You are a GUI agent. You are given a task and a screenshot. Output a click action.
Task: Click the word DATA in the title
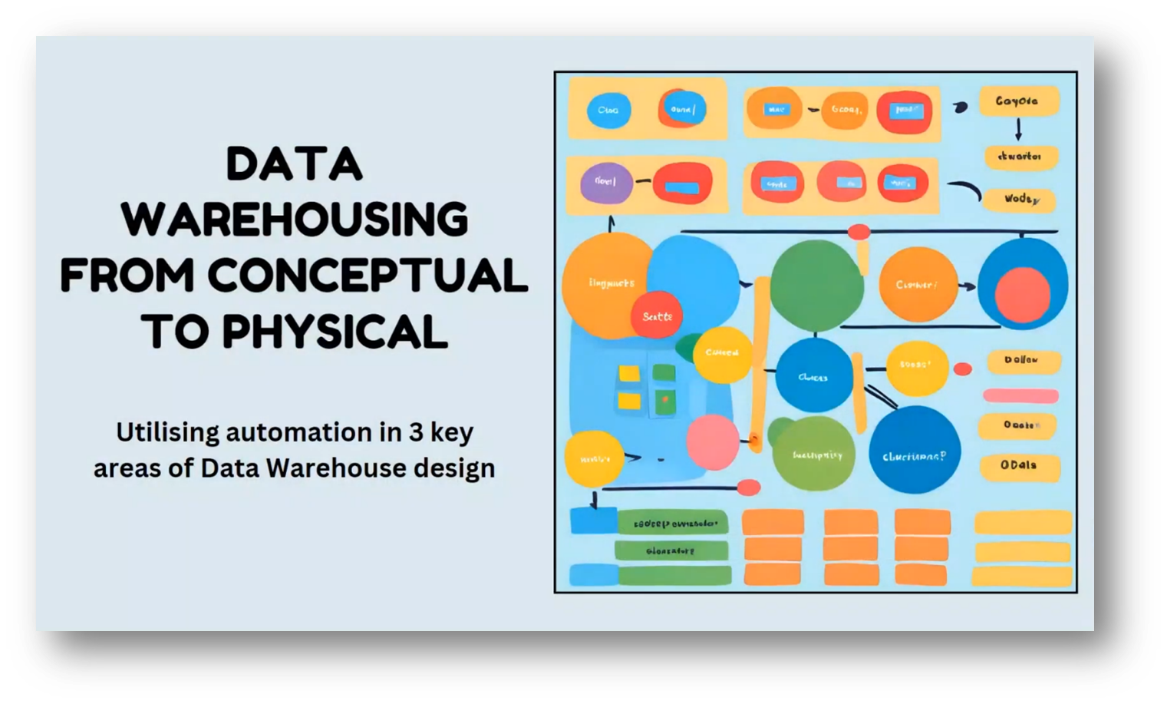click(x=294, y=165)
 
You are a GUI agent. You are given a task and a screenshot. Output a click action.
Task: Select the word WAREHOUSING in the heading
click(x=294, y=220)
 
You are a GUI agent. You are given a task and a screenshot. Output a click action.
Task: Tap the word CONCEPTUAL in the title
click(x=367, y=276)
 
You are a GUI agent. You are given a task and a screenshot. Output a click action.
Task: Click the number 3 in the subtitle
click(x=415, y=432)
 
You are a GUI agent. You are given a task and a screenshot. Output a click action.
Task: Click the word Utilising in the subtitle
click(x=167, y=432)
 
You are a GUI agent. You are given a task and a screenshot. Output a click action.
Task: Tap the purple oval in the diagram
click(x=606, y=183)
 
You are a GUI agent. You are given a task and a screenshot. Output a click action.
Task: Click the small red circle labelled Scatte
click(x=657, y=316)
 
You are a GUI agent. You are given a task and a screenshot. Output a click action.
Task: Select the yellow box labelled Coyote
click(x=1018, y=101)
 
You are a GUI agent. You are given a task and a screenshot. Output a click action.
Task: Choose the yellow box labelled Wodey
click(x=1020, y=200)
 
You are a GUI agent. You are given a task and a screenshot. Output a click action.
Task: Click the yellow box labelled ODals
click(x=1019, y=465)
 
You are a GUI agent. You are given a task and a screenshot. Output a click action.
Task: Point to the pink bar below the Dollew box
click(x=1020, y=396)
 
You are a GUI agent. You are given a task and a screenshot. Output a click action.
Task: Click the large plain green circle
click(x=816, y=284)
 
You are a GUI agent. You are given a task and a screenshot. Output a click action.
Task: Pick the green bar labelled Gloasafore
click(x=671, y=550)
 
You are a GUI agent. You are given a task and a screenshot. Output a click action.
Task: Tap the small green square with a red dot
click(x=664, y=399)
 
